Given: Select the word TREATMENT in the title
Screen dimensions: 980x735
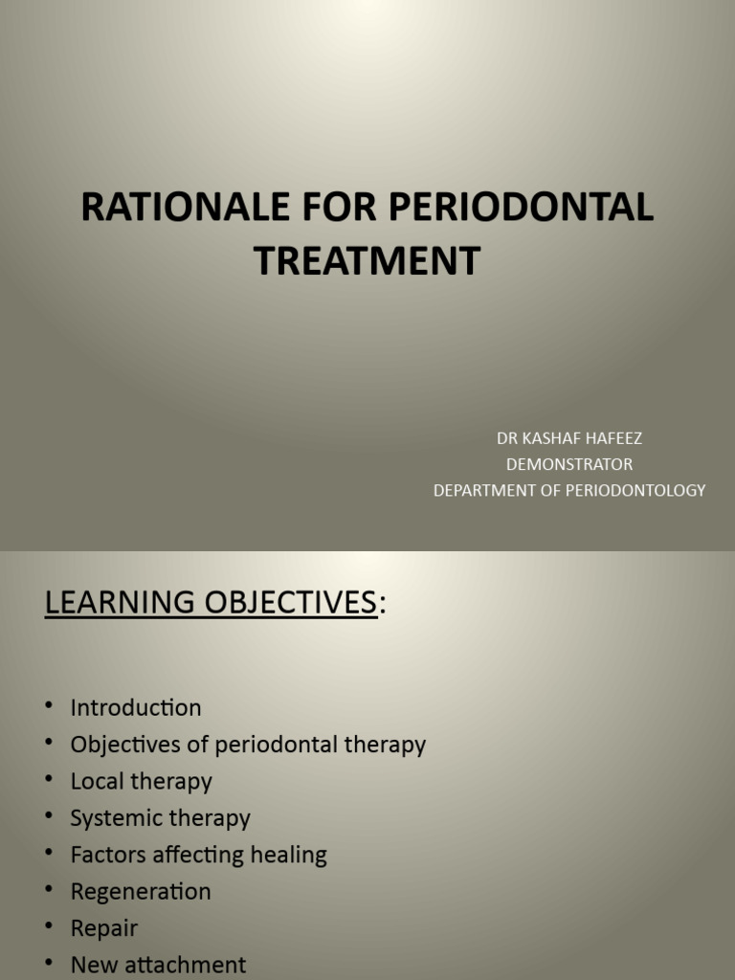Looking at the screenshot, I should (x=367, y=260).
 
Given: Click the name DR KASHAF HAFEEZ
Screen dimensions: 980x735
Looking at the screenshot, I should (x=568, y=438).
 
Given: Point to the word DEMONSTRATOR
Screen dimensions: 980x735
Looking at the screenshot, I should (x=568, y=464).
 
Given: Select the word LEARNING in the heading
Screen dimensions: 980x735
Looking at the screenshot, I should (x=113, y=602).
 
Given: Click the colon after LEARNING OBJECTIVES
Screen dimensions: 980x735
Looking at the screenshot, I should (x=383, y=604).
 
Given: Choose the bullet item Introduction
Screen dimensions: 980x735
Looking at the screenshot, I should (x=136, y=708).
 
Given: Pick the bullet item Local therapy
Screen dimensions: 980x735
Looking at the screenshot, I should (x=141, y=781).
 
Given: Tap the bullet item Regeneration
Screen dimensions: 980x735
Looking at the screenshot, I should (x=141, y=892).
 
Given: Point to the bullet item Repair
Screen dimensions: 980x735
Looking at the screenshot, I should (x=104, y=928).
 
